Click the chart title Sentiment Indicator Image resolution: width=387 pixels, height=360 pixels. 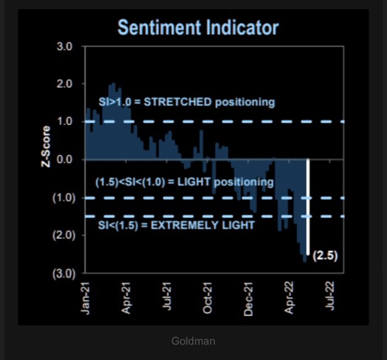[198, 27]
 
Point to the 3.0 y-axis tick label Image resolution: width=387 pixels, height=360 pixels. [65, 46]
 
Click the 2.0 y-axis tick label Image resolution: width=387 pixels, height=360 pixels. [65, 84]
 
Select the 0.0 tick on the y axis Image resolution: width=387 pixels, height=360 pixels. [65, 160]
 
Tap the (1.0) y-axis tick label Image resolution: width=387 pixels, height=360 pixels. [62, 198]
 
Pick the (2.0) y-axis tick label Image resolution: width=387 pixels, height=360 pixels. [62, 235]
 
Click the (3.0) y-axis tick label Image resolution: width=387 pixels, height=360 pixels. [62, 274]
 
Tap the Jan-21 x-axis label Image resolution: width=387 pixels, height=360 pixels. [86, 299]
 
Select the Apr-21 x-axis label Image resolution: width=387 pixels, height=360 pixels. [127, 299]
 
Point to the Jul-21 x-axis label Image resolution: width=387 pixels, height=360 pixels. [168, 299]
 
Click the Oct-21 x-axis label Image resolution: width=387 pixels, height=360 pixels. [208, 299]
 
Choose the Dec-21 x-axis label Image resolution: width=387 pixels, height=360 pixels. [249, 299]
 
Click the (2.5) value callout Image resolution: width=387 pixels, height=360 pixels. [325, 255]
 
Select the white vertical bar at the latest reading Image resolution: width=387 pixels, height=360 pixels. [308, 207]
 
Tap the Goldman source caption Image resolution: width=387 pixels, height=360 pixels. [193, 340]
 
